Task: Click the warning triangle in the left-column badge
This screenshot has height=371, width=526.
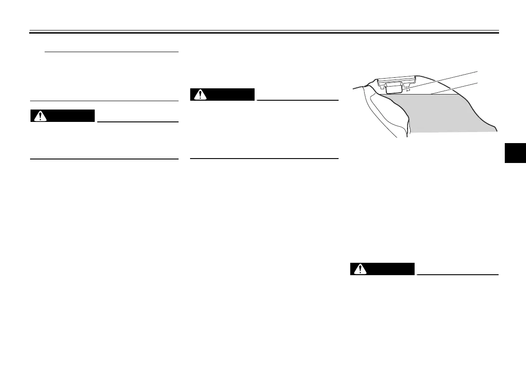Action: tap(41, 116)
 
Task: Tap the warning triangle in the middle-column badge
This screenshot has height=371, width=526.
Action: tap(200, 95)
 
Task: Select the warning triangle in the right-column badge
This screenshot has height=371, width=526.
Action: tap(360, 269)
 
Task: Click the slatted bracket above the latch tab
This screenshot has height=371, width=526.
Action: tap(396, 80)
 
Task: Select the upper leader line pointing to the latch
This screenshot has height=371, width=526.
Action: tap(442, 77)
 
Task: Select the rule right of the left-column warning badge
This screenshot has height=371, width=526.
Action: tap(137, 121)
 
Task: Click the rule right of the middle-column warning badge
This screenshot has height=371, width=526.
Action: tap(297, 100)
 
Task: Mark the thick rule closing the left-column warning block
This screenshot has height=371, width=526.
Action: tap(104, 159)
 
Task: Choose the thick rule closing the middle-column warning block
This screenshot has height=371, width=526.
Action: tap(264, 158)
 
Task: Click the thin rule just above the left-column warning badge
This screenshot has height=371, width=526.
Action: tap(104, 101)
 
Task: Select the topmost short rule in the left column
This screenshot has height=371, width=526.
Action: tap(111, 52)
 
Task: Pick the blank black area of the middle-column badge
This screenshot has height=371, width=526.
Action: tap(230, 95)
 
